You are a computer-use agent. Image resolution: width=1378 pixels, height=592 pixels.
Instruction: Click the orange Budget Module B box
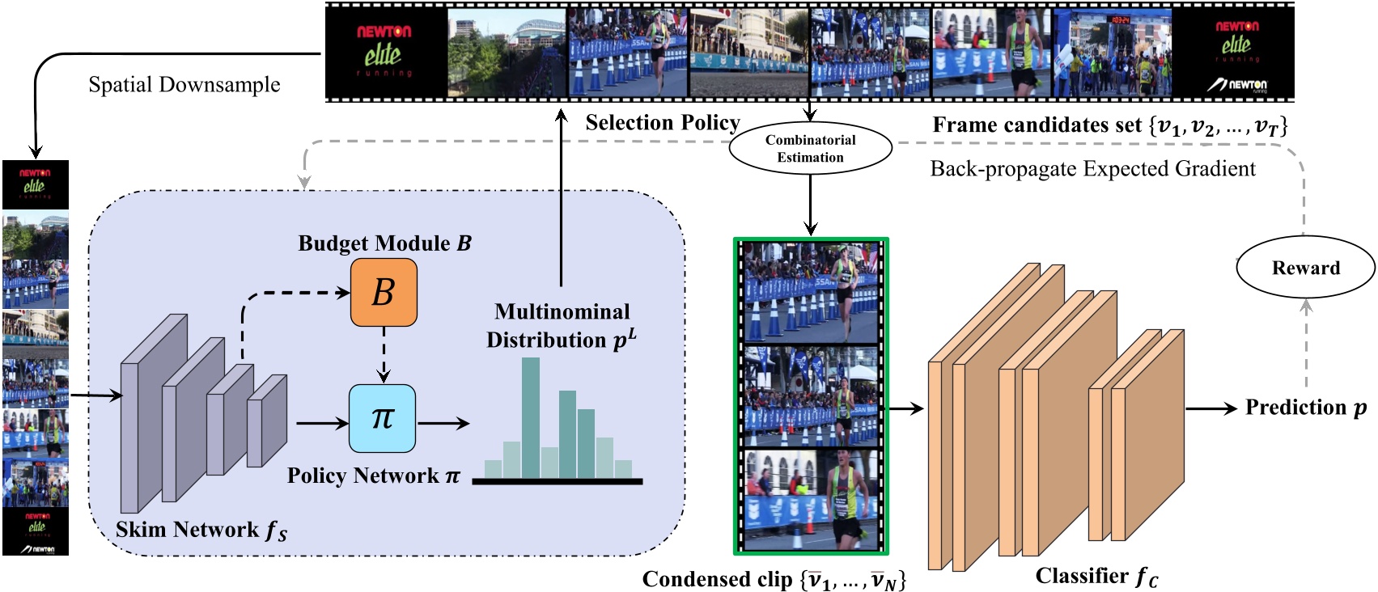pyautogui.click(x=384, y=292)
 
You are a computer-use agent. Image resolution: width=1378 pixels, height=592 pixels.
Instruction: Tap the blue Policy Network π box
pyautogui.click(x=382, y=418)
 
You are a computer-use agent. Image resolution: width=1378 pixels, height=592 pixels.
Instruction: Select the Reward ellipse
pyautogui.click(x=1305, y=269)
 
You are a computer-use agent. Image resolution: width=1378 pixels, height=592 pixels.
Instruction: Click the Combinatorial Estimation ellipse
pyautogui.click(x=810, y=149)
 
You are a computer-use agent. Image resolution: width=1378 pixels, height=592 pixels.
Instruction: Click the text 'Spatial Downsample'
pyautogui.click(x=184, y=85)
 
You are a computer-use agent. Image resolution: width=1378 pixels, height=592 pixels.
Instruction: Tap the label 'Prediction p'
pyautogui.click(x=1305, y=408)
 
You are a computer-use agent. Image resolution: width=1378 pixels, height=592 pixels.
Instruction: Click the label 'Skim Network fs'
pyautogui.click(x=201, y=530)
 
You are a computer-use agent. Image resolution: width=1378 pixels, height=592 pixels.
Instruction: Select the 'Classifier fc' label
pyautogui.click(x=1096, y=576)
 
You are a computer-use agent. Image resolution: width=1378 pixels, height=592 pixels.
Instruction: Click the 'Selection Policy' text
pyautogui.click(x=662, y=123)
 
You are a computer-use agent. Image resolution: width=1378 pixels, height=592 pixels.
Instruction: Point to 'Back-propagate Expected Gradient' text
pyautogui.click(x=1092, y=169)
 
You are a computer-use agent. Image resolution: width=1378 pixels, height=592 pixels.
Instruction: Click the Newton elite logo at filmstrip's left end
pyautogui.click(x=385, y=52)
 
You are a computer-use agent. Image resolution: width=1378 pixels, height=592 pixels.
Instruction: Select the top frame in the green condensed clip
pyautogui.click(x=811, y=293)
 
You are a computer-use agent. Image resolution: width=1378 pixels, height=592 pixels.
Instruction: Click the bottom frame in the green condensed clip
pyautogui.click(x=811, y=498)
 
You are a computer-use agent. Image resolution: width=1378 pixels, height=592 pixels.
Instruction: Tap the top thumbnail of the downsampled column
pyautogui.click(x=36, y=184)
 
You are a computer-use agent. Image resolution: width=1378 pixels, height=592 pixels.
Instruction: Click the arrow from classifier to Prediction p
pyautogui.click(x=1211, y=408)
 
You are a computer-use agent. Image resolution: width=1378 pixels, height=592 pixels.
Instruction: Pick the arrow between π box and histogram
pyautogui.click(x=443, y=423)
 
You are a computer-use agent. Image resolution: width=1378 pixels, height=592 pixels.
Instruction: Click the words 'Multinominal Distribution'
pyautogui.click(x=562, y=325)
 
